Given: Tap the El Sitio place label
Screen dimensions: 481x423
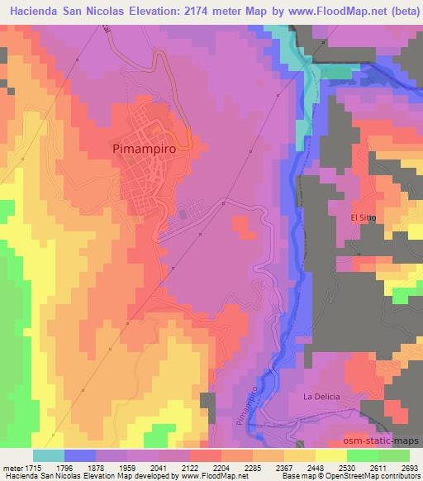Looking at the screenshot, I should tap(364, 217).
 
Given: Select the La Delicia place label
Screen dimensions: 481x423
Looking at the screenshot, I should tap(321, 397).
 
